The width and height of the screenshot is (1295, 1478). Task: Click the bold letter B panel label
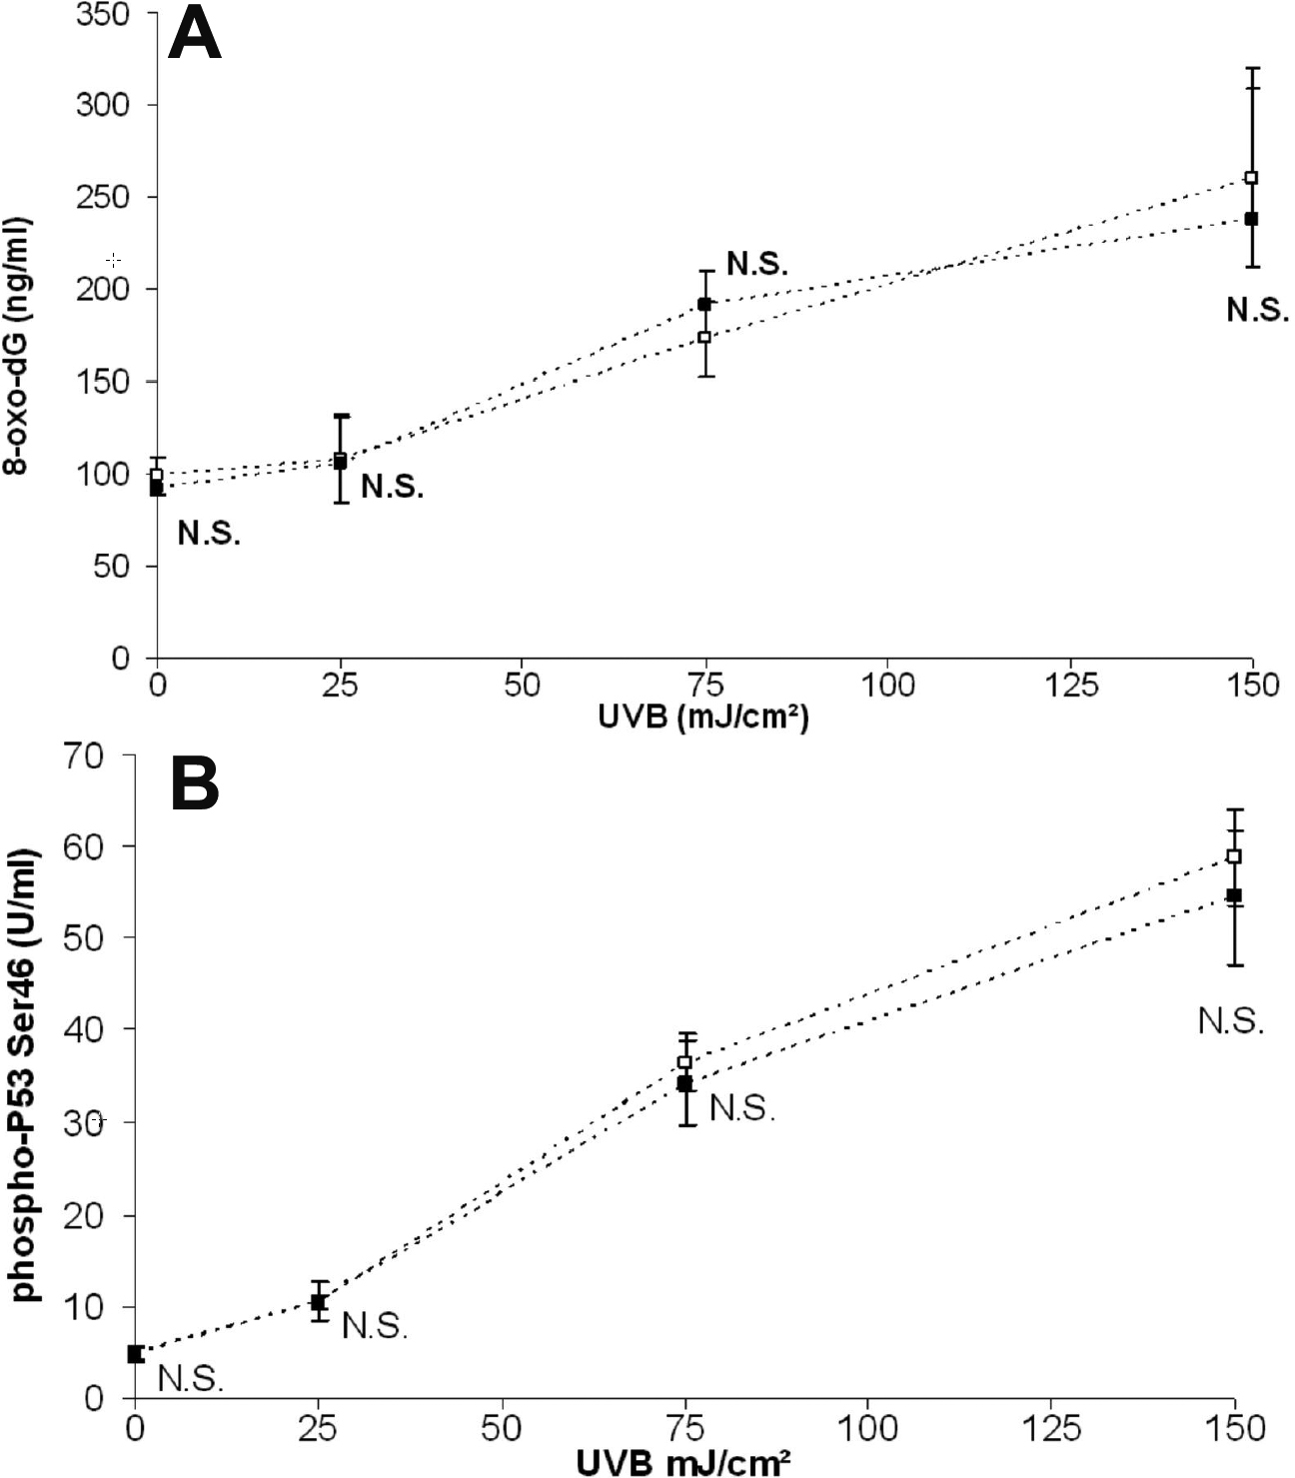tap(195, 783)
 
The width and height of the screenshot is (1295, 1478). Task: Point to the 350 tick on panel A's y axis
tap(103, 14)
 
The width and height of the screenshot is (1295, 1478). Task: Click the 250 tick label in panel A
tap(103, 197)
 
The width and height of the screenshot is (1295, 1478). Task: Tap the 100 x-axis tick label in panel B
tap(867, 1427)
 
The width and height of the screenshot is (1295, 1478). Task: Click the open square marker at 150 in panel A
tap(1251, 178)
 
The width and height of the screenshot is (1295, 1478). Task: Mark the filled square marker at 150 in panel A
tap(1251, 218)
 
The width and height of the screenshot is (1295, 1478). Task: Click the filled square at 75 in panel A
tap(704, 304)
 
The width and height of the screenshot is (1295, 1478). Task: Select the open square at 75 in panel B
tap(684, 1061)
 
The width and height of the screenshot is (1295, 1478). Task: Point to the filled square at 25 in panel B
tap(318, 1302)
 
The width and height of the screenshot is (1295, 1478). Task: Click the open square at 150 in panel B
tap(1234, 856)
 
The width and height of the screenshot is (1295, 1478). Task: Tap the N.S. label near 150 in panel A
tap(1257, 311)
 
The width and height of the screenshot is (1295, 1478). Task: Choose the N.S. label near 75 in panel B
tap(742, 1107)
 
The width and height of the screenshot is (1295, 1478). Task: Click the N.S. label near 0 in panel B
tap(191, 1379)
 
